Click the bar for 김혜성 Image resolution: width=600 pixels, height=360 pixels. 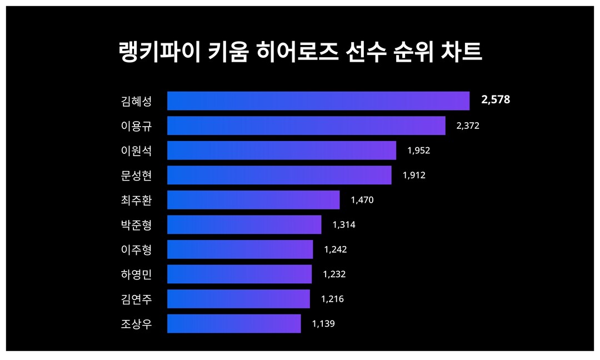318,101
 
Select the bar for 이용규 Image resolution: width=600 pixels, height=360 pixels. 306,126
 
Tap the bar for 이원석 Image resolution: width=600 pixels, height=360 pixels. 282,151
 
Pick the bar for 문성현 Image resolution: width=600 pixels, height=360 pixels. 279,175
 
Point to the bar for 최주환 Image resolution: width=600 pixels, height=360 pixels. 253,200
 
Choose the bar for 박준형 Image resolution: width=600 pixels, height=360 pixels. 244,224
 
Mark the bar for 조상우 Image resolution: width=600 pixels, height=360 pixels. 234,323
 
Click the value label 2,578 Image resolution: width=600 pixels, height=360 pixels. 496,100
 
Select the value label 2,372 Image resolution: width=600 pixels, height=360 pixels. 468,126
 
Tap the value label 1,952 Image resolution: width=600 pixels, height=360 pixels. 419,151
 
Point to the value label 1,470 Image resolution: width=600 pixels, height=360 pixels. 362,200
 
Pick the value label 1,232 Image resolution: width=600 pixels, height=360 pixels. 334,274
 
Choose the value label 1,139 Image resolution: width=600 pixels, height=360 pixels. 323,323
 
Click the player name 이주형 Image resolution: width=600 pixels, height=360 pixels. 136,249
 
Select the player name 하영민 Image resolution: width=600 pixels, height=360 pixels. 136,274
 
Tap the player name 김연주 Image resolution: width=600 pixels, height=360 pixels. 136,299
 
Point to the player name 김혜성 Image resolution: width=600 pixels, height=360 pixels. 136,101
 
